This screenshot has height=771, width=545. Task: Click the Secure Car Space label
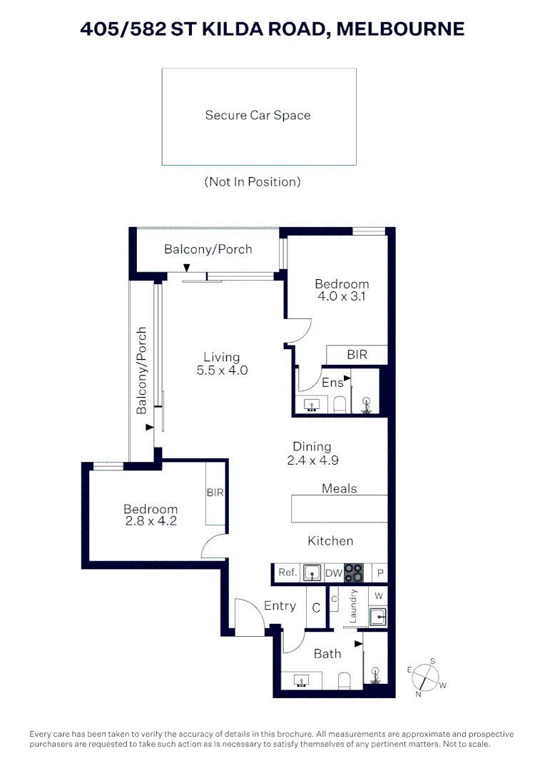pyautogui.click(x=258, y=115)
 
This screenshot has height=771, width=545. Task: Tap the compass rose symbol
pyautogui.click(x=426, y=677)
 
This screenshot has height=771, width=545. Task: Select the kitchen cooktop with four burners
pyautogui.click(x=354, y=573)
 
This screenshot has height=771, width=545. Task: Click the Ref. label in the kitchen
pyautogui.click(x=287, y=573)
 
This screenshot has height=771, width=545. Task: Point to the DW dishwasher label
pyautogui.click(x=334, y=573)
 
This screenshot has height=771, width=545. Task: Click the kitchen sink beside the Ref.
pyautogui.click(x=312, y=573)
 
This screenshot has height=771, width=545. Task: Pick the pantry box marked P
pyautogui.click(x=380, y=573)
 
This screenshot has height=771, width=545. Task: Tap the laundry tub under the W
pyautogui.click(x=378, y=616)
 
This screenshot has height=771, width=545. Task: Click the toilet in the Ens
pyautogui.click(x=340, y=405)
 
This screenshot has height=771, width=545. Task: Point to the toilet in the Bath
pyautogui.click(x=345, y=681)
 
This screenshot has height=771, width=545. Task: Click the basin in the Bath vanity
pyautogui.click(x=301, y=680)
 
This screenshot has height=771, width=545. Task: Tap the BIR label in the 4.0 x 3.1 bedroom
pyautogui.click(x=357, y=355)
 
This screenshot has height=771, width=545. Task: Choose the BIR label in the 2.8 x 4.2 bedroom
pyautogui.click(x=215, y=492)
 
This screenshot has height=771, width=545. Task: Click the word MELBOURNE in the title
pyautogui.click(x=400, y=29)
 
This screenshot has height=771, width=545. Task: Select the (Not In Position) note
pyautogui.click(x=253, y=182)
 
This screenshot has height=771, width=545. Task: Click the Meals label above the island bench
pyautogui.click(x=339, y=488)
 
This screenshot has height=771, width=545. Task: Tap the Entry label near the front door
pyautogui.click(x=280, y=606)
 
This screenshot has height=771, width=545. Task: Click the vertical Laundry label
pyautogui.click(x=353, y=606)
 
